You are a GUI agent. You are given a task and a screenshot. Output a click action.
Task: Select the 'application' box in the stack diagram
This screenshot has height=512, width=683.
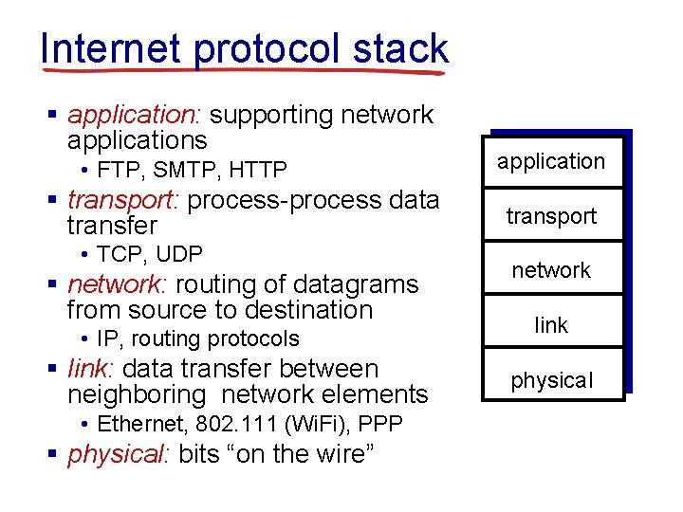pos(551,161)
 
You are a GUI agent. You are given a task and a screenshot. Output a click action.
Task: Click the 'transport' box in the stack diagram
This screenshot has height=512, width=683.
pos(551,216)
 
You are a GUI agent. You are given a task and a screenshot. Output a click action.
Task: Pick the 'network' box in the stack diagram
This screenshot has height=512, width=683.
pos(551,270)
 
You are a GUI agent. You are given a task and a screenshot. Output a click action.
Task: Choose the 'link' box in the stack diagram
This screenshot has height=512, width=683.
pos(551,325)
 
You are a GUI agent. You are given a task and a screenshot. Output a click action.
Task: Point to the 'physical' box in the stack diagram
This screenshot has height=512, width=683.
pos(551,380)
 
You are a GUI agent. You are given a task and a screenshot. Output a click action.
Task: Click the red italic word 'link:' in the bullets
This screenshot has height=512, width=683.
pos(91,369)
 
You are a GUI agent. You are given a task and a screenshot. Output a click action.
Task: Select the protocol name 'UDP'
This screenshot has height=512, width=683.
pos(179,254)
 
